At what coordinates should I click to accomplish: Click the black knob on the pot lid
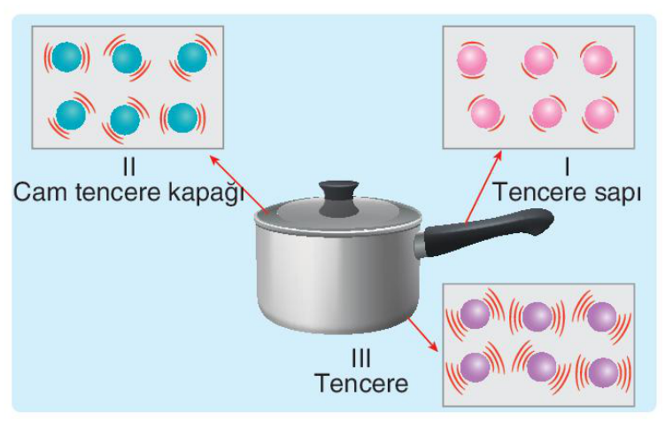point(339,199)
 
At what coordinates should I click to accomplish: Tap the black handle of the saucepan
point(488,231)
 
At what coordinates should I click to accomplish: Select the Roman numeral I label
point(567,167)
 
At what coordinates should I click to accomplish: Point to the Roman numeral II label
point(129,167)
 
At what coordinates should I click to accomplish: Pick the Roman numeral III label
point(361,358)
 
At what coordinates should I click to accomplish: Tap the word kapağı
point(205,193)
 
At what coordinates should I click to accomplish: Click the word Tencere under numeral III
point(361,383)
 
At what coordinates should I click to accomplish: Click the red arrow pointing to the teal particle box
point(239,183)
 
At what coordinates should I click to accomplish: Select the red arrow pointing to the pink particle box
point(483,187)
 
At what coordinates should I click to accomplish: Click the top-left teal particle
point(66,57)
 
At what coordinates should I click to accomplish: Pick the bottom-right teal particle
point(182,118)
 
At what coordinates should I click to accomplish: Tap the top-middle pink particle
point(539,60)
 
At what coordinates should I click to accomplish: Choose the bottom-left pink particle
point(485,113)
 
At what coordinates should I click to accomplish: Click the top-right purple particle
point(602,316)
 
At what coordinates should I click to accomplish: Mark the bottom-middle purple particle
point(542,367)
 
